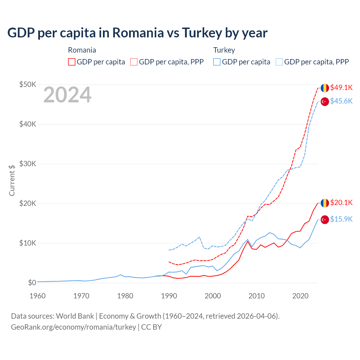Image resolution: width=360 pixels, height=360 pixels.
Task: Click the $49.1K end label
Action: (341, 88)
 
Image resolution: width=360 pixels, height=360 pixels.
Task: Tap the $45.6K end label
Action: (341, 101)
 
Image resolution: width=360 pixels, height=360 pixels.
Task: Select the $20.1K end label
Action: (341, 203)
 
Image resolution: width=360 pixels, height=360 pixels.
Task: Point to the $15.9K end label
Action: (341, 219)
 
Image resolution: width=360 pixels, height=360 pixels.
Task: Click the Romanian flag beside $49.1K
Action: (325, 88)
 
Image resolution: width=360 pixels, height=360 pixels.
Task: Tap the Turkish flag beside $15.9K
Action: (325, 220)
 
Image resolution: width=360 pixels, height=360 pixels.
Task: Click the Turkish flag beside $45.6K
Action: (325, 102)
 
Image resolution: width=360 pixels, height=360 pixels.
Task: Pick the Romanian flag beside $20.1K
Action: (325, 203)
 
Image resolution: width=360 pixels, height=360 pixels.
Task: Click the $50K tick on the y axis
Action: (28, 84)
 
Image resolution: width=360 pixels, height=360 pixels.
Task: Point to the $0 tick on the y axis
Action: (32, 283)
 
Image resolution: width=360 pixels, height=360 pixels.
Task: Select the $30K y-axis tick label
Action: (28, 164)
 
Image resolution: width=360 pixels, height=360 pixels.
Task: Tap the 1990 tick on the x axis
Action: (169, 296)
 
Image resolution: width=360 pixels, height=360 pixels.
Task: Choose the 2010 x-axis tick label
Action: (256, 296)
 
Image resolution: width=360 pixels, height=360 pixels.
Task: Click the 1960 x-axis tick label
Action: (37, 296)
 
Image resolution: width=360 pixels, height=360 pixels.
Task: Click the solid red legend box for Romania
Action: (72, 62)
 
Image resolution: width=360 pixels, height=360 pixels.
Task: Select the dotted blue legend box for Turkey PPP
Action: (279, 62)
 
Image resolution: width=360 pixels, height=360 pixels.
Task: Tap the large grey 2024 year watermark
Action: (67, 95)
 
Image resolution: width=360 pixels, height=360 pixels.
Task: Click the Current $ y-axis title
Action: (12, 180)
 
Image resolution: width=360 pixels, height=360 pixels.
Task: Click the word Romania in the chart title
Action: (138, 33)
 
